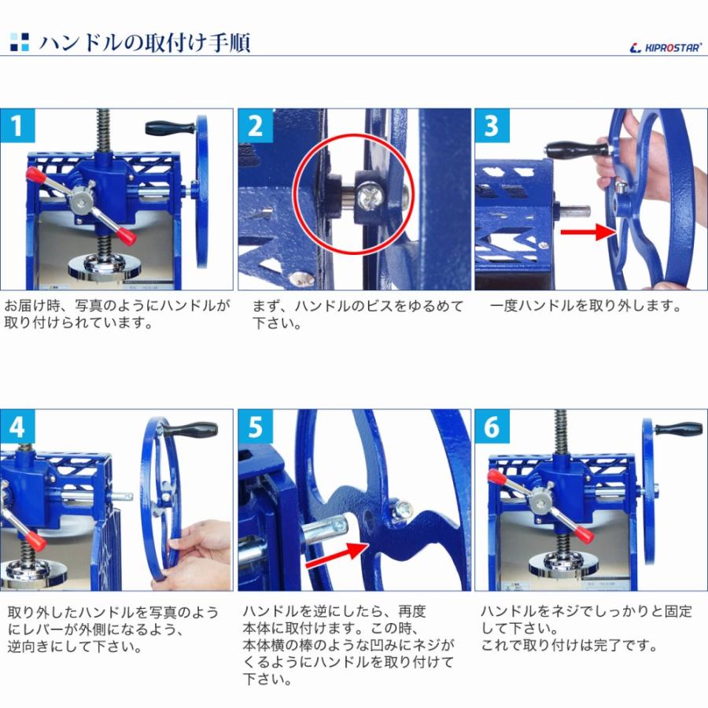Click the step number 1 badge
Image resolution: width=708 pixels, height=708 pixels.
tap(17, 126)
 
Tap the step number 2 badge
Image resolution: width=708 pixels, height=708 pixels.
tap(255, 126)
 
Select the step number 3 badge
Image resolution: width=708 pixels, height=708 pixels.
tap(492, 126)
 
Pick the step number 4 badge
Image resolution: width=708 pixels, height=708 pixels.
tap(17, 426)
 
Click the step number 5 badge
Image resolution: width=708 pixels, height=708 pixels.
tap(255, 426)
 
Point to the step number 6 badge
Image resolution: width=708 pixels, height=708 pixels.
tap(492, 426)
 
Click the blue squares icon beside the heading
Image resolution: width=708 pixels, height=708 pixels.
tap(20, 42)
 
